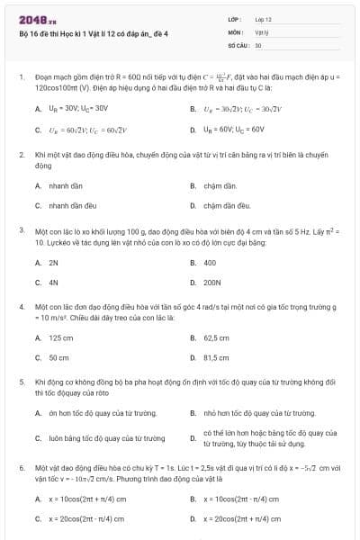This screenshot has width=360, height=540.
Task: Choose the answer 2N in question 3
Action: [53, 263]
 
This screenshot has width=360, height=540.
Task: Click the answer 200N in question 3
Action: [212, 282]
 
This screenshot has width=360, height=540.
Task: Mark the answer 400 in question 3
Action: [210, 263]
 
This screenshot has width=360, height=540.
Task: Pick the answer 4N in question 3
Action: [53, 282]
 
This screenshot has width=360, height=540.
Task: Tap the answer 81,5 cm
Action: [217, 357]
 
